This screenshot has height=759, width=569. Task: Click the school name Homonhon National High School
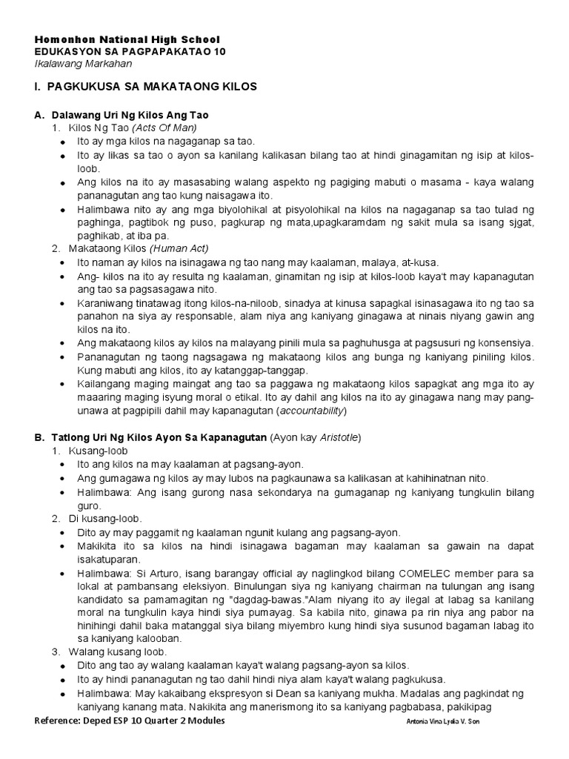127,39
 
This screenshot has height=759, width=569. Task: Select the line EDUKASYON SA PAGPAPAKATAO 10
130,51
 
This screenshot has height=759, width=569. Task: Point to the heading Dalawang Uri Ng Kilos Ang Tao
130,115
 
